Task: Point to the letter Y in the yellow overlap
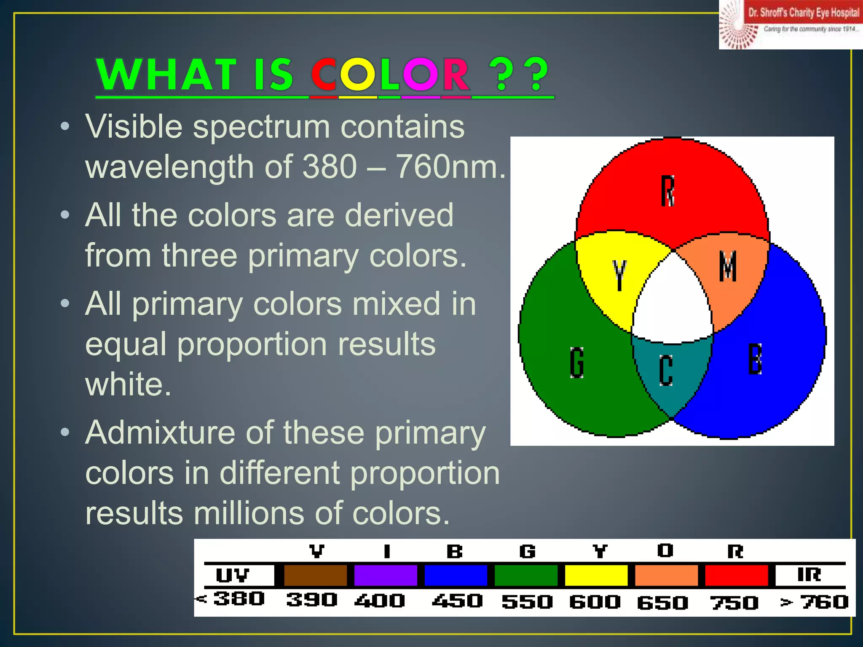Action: [x=619, y=275]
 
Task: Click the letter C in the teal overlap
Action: [x=666, y=370]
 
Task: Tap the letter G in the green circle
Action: [x=577, y=362]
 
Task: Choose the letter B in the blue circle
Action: [x=755, y=359]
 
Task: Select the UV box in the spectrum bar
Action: [x=233, y=575]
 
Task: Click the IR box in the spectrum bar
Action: [x=809, y=575]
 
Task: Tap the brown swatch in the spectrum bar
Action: [x=315, y=575]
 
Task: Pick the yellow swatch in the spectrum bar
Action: [x=596, y=575]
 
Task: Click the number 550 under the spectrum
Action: [x=527, y=602]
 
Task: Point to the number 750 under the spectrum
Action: [x=734, y=602]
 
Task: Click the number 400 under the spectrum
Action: [x=380, y=601]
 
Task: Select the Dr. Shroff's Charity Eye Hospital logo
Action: [x=791, y=24]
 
